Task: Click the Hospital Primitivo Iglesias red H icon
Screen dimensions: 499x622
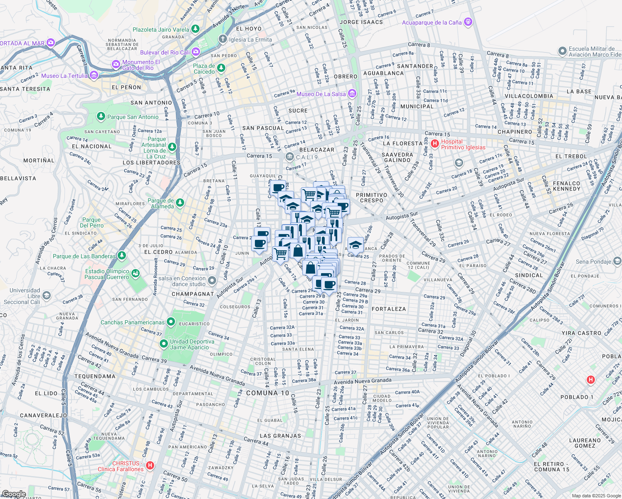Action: tap(435, 144)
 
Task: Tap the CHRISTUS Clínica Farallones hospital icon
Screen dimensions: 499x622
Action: tap(150, 466)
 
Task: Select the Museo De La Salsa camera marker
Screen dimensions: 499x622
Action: tap(352, 94)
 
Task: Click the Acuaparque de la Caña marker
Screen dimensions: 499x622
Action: tap(468, 22)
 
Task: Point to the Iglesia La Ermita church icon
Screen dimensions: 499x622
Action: tap(223, 40)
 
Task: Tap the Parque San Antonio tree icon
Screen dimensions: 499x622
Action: tap(101, 116)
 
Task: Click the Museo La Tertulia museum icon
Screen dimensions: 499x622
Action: tap(94, 75)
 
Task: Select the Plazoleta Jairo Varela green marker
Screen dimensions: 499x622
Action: tap(195, 29)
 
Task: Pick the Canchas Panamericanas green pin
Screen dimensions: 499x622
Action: tap(170, 322)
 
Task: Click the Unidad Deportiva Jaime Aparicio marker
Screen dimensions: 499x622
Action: tap(164, 344)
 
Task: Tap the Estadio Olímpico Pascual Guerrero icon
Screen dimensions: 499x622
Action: tap(135, 274)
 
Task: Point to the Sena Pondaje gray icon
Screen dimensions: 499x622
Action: tap(617, 261)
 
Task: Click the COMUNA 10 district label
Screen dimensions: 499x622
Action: tap(267, 393)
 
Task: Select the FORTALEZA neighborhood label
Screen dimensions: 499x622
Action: tap(388, 309)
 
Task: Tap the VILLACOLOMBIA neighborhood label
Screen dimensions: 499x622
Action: tap(528, 96)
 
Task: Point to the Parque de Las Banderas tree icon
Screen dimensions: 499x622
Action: tap(121, 256)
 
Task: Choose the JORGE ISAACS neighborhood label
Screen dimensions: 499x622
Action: tap(361, 22)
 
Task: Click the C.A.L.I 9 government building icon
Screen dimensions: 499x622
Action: tap(289, 157)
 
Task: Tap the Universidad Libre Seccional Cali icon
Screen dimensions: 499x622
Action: tap(47, 296)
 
